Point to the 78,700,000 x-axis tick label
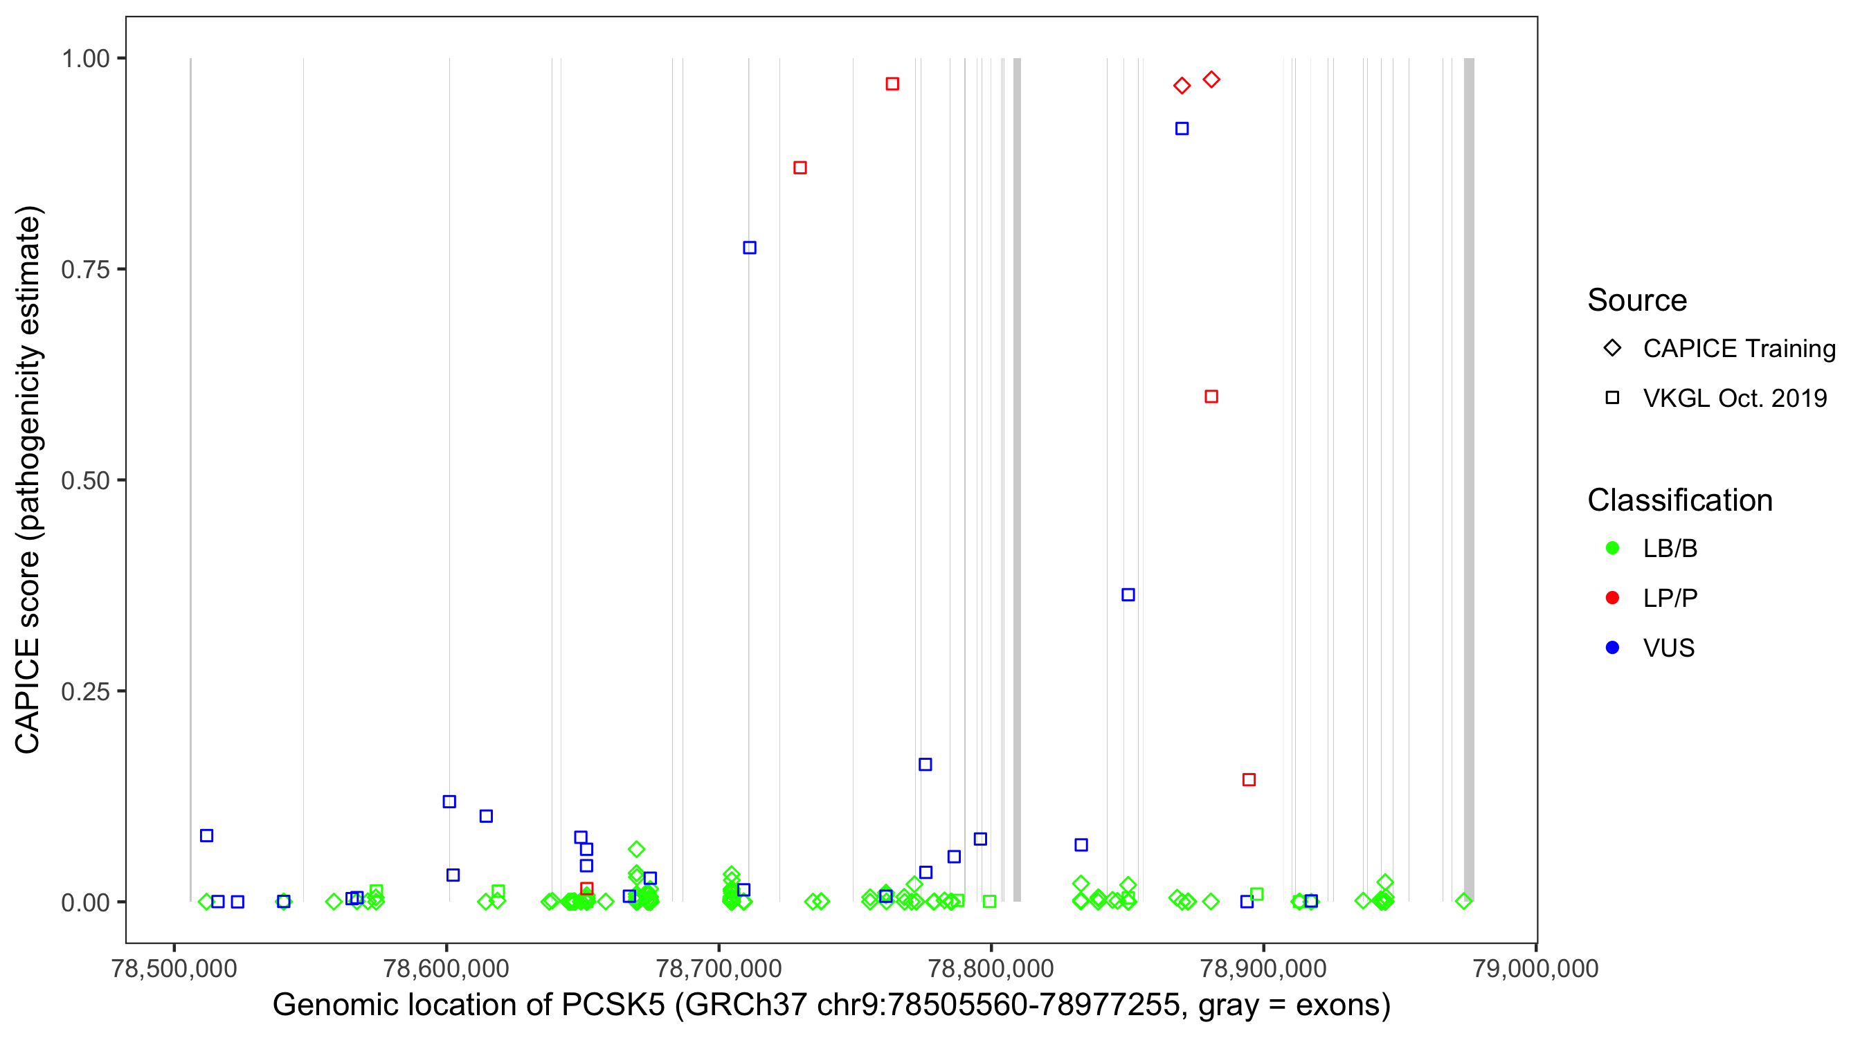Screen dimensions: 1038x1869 [x=719, y=968]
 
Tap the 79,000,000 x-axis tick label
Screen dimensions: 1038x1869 [x=1535, y=968]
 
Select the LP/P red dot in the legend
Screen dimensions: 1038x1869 [x=1612, y=598]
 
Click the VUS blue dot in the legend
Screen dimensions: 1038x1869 [x=1612, y=648]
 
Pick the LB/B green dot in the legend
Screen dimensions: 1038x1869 [x=1612, y=548]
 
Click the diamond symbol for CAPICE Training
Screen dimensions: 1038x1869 [x=1612, y=348]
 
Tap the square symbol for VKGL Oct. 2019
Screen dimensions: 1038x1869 [x=1612, y=397]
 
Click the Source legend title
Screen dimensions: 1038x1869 [x=1637, y=300]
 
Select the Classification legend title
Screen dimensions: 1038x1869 [x=1679, y=500]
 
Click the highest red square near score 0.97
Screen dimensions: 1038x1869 [x=892, y=84]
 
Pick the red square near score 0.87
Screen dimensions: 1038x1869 [x=800, y=167]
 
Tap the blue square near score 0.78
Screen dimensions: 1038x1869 [x=750, y=248]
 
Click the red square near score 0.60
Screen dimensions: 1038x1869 [x=1211, y=397]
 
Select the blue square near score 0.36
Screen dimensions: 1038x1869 [x=1128, y=595]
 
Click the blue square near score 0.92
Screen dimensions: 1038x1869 [x=1182, y=129]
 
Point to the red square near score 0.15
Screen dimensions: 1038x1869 [x=1249, y=780]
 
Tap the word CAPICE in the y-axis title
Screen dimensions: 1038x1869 [x=28, y=696]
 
